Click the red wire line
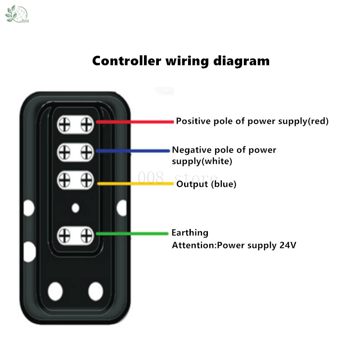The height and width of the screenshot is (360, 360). [135, 121]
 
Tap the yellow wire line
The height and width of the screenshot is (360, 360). [135, 183]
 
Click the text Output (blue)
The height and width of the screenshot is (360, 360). [206, 184]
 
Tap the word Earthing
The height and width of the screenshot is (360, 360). [190, 233]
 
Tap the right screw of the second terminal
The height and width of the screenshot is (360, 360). [86, 153]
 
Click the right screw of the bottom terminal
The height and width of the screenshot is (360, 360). [86, 234]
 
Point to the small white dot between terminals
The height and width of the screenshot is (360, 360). [76, 207]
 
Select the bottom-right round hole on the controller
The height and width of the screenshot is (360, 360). [95, 291]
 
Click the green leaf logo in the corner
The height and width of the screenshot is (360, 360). [13, 14]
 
